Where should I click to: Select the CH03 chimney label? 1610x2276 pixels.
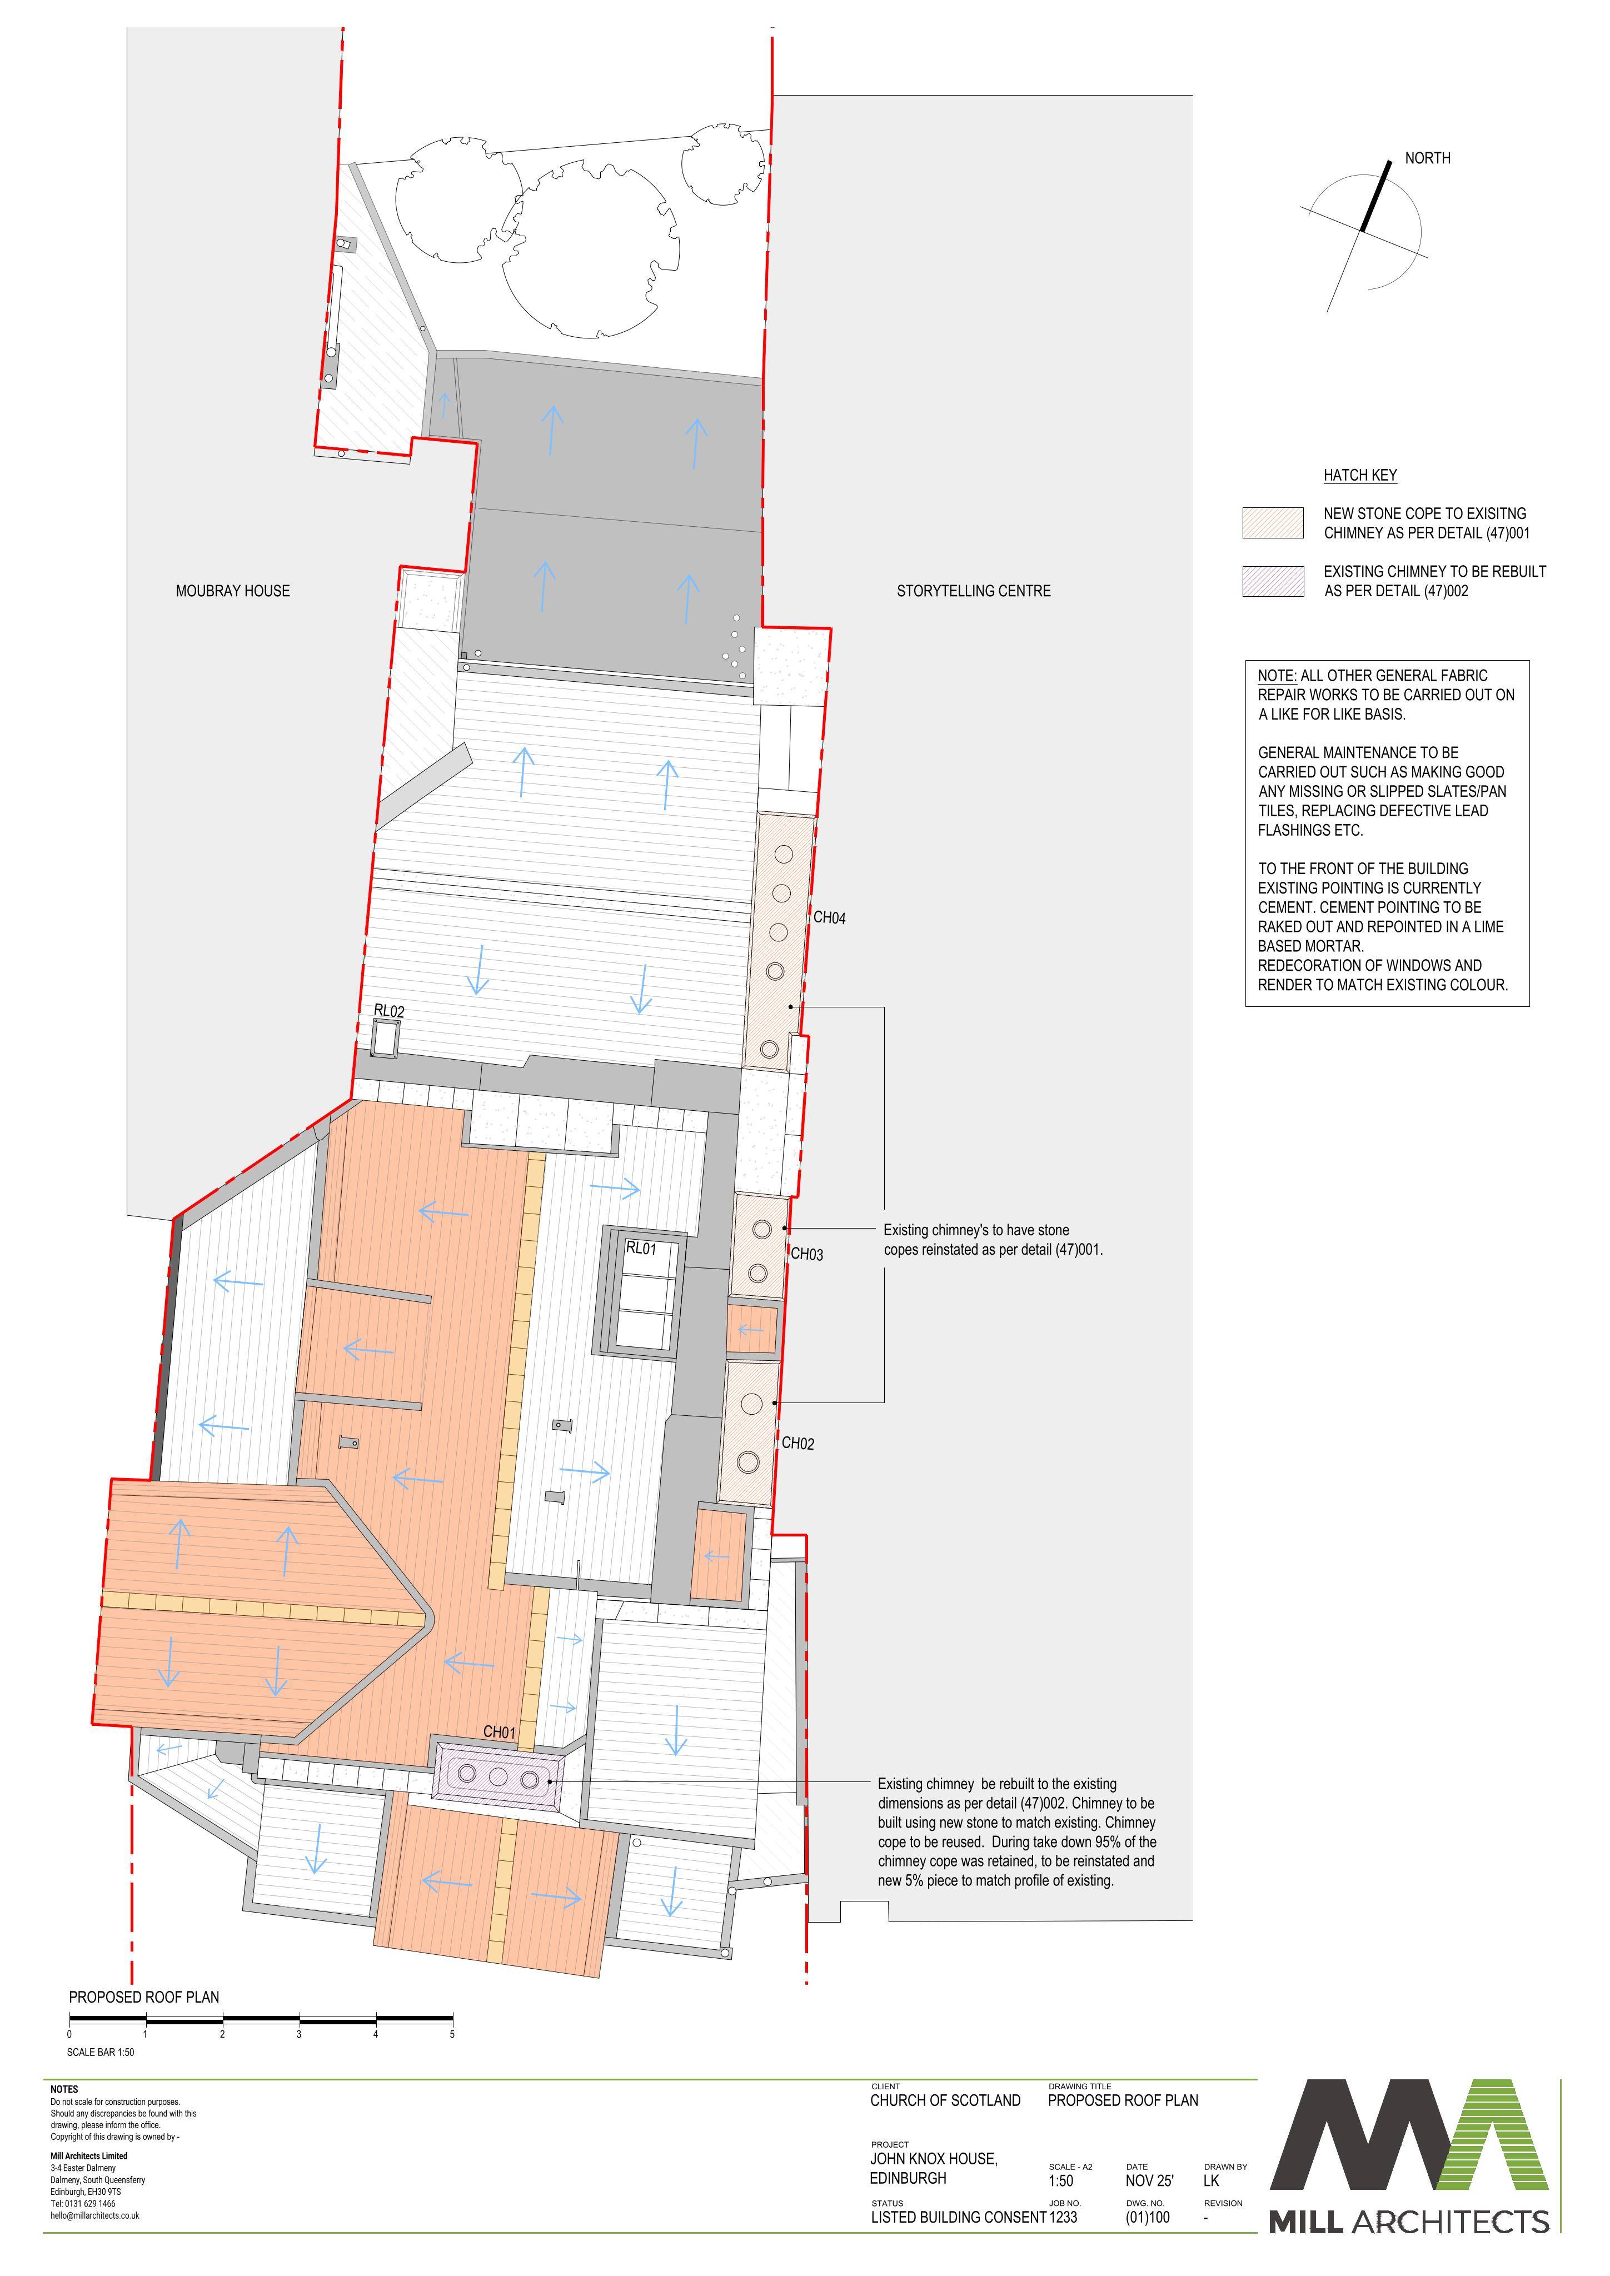[807, 1254]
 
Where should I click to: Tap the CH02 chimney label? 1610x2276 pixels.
[798, 1443]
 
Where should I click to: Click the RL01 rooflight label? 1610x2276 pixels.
[641, 1248]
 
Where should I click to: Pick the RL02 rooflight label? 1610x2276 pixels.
[388, 1011]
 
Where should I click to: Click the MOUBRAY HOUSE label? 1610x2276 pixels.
[233, 591]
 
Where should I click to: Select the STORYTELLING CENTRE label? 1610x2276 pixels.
[974, 591]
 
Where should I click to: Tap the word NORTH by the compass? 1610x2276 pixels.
[1428, 158]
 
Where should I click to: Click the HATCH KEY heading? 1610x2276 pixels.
[1360, 475]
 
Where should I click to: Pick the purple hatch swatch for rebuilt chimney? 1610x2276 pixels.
[1273, 581]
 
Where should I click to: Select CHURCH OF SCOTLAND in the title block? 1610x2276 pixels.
[945, 2099]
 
